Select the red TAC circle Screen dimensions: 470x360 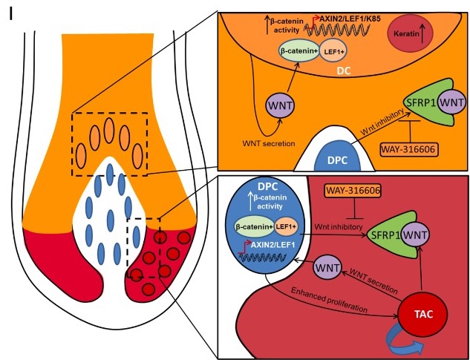coord(422,314)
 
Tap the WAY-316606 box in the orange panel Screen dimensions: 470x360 coord(408,148)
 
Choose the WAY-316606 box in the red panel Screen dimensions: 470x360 coord(353,190)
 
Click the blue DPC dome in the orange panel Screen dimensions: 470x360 coord(337,157)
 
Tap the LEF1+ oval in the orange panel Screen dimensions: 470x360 coord(334,50)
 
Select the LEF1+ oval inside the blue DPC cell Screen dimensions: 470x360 coord(286,226)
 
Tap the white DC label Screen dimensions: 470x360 coord(344,71)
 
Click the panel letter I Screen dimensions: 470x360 coord(11,15)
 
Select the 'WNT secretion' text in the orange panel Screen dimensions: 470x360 coord(269,143)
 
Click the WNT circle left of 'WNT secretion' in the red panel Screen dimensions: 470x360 coord(327,268)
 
